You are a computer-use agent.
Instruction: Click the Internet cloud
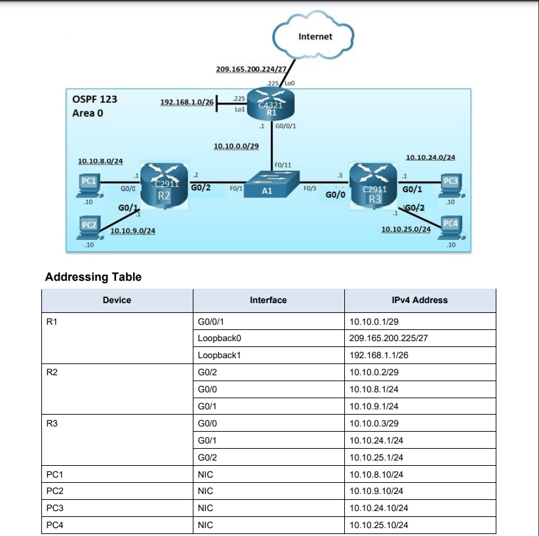coord(314,37)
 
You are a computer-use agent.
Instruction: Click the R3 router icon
coord(374,186)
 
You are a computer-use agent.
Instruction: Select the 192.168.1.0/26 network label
coord(187,102)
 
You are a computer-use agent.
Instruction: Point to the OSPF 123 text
coord(94,100)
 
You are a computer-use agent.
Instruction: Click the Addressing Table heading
coord(93,277)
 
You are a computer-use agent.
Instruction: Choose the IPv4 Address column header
coord(419,300)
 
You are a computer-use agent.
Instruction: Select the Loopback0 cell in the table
coord(216,339)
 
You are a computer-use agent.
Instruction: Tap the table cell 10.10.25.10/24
coord(379,525)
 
